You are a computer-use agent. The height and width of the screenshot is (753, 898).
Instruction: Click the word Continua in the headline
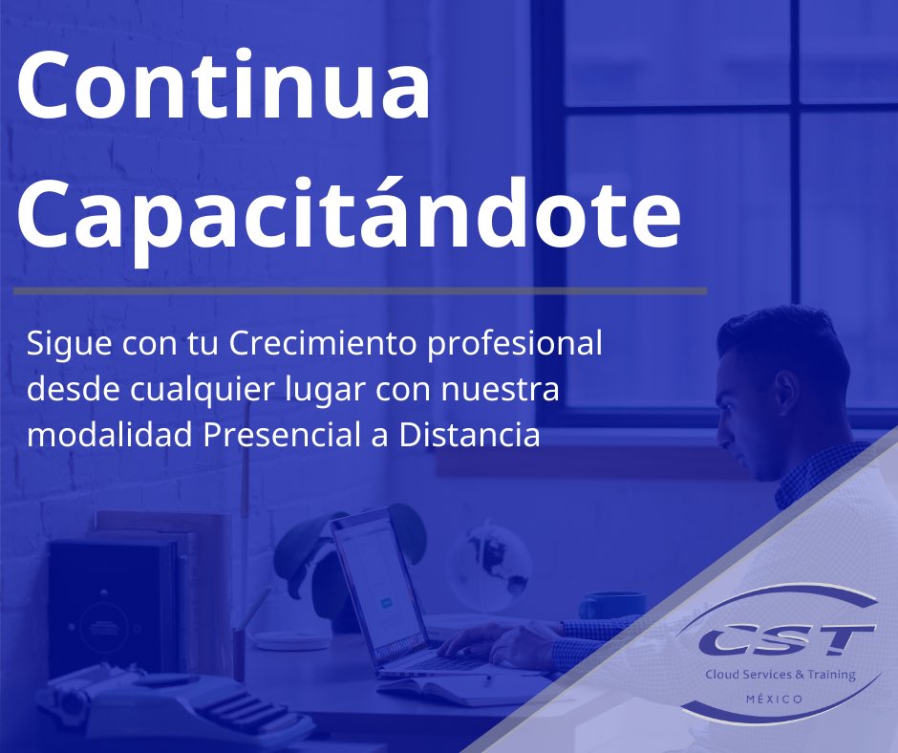coord(224,89)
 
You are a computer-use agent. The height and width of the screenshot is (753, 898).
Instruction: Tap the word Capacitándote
coord(348,215)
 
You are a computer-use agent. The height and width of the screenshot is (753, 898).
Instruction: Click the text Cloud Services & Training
coord(780,675)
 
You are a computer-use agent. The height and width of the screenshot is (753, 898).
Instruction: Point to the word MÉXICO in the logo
coord(774,699)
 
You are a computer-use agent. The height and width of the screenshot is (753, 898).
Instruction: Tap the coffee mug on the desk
coord(612,607)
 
